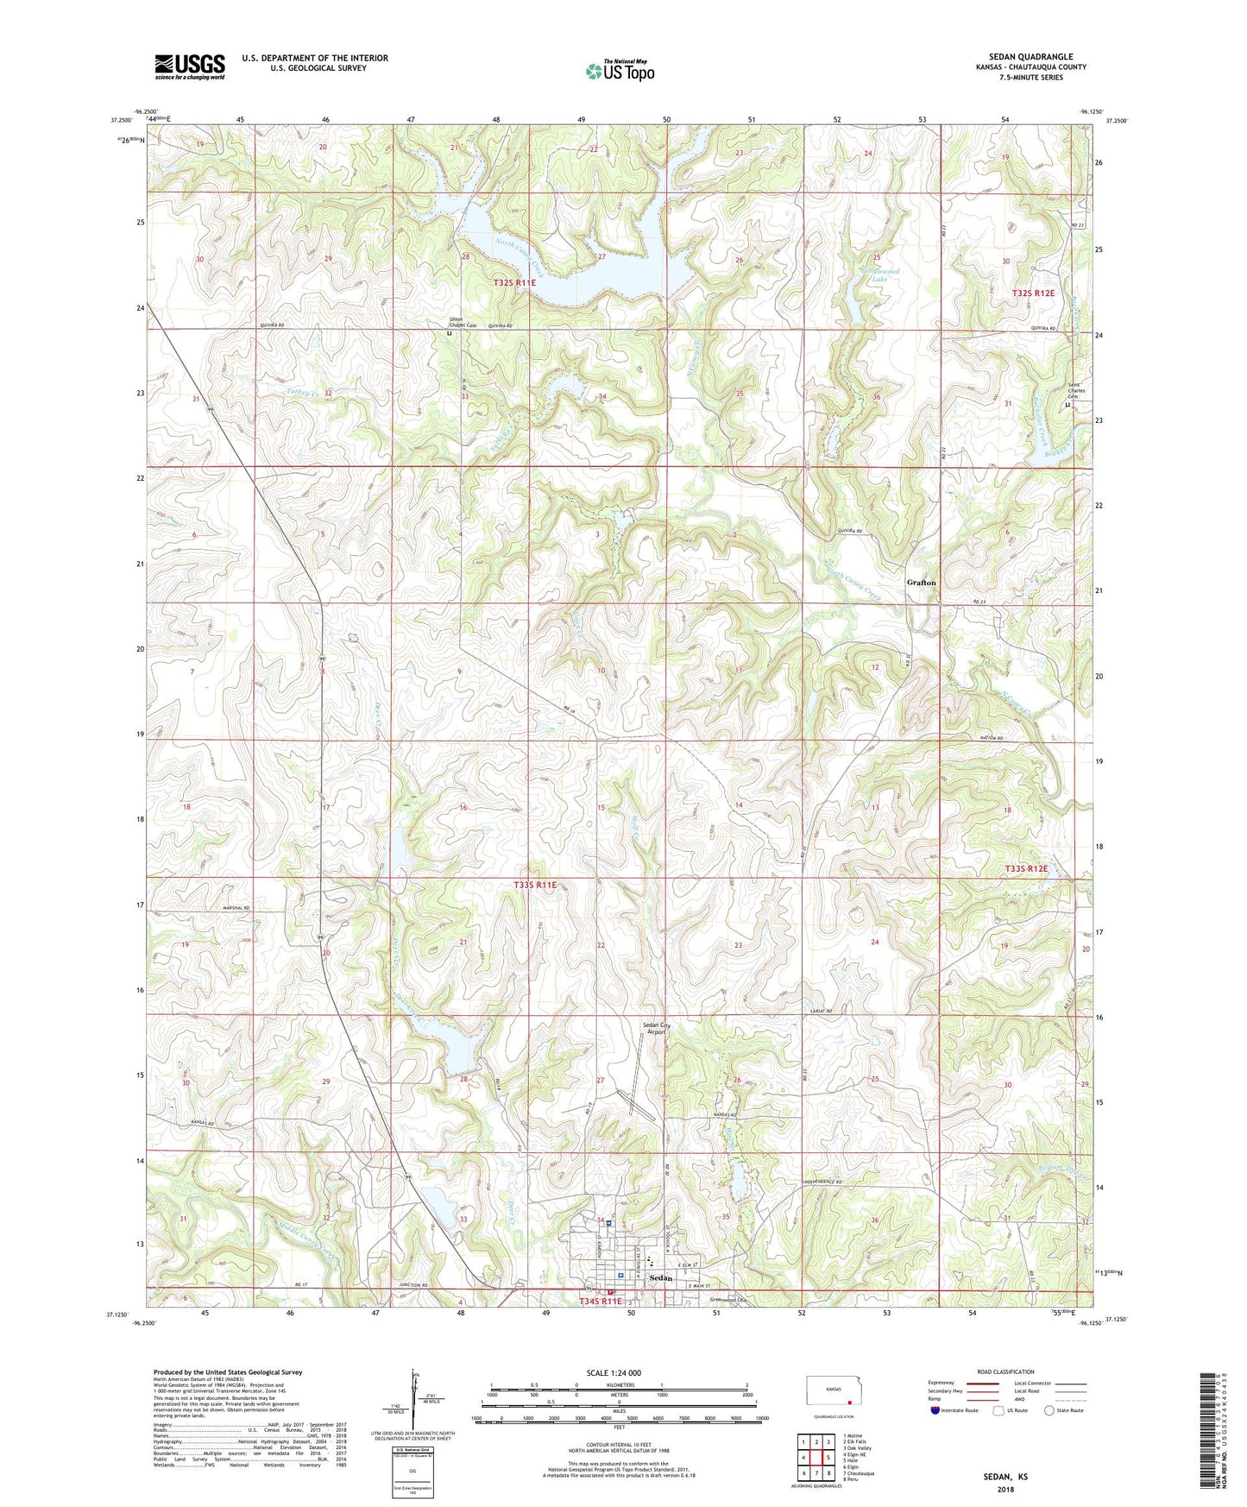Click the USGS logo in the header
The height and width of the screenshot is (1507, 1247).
coord(190,66)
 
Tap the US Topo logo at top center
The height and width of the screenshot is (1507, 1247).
coord(620,71)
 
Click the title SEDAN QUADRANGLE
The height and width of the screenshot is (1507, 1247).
coord(1030,56)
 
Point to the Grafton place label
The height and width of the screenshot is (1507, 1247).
coord(921,583)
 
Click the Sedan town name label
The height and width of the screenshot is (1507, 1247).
coord(660,1277)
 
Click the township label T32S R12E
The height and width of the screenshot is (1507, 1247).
coord(1033,293)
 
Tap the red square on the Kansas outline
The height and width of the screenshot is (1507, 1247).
coord(849,1403)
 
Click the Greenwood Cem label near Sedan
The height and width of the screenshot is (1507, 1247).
coord(726,1300)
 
